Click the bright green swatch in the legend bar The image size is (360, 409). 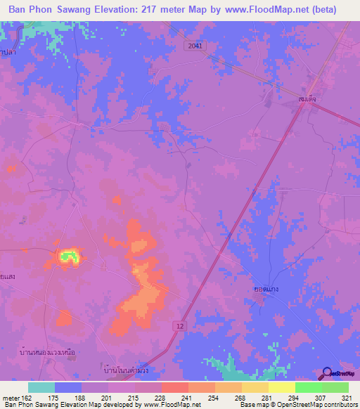309,387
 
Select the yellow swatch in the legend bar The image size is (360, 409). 282,387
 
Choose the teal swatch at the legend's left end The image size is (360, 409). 41,387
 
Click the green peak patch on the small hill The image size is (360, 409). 67,257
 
